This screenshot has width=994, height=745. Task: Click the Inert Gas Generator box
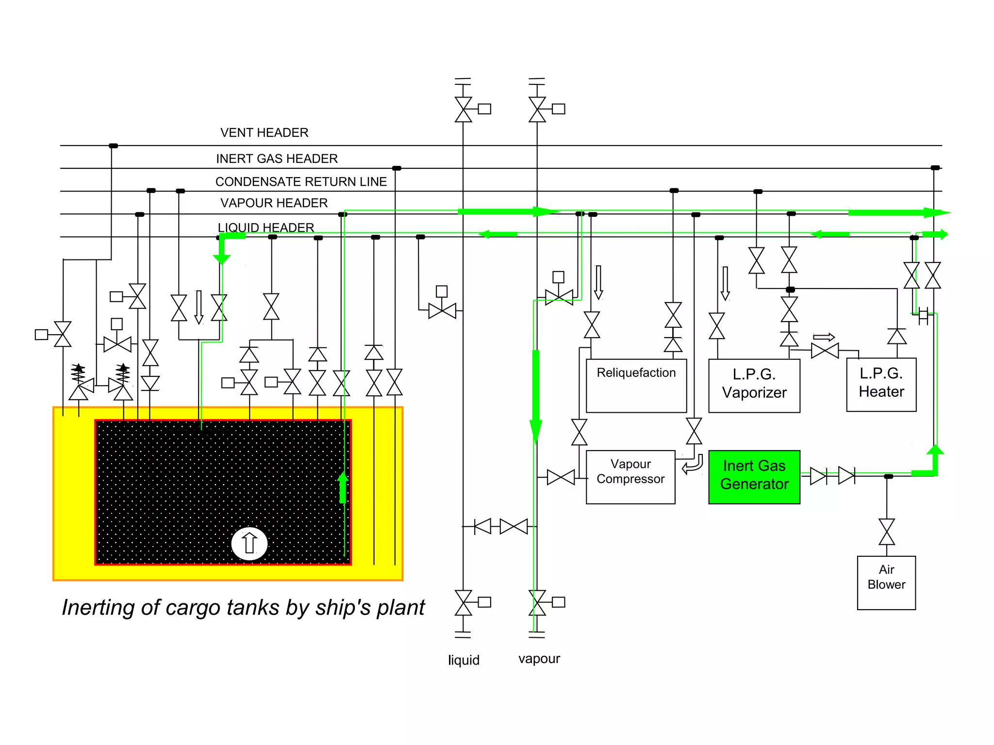(x=754, y=477)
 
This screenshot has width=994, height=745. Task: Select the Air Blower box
(x=886, y=583)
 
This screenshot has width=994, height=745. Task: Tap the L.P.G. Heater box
(x=881, y=385)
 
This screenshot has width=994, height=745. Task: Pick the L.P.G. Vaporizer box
(x=754, y=386)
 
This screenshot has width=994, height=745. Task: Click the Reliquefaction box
(x=636, y=386)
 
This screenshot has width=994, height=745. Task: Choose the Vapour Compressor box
(x=630, y=477)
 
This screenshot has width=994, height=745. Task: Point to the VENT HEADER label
(x=265, y=132)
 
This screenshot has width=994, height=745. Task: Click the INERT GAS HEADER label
(x=277, y=159)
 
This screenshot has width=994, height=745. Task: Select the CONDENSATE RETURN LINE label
(x=301, y=181)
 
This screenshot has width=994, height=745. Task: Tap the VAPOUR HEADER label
(x=274, y=203)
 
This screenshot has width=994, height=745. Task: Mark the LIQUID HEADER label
(x=266, y=227)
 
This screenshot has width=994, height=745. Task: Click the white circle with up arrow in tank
(x=249, y=543)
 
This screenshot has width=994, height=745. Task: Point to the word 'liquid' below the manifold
(x=464, y=660)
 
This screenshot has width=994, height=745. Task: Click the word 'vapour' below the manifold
(x=539, y=659)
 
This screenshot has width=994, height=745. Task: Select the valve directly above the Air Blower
(x=887, y=532)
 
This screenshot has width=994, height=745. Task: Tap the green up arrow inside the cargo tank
(x=343, y=487)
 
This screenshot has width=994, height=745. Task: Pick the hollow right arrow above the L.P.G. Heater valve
(x=824, y=337)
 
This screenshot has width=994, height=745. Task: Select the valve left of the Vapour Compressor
(x=561, y=477)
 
